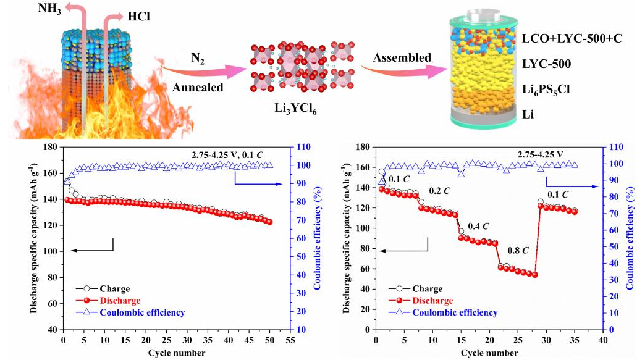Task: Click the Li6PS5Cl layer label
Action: coord(553,89)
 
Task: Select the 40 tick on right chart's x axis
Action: coord(602,340)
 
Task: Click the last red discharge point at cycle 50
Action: coord(269,222)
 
